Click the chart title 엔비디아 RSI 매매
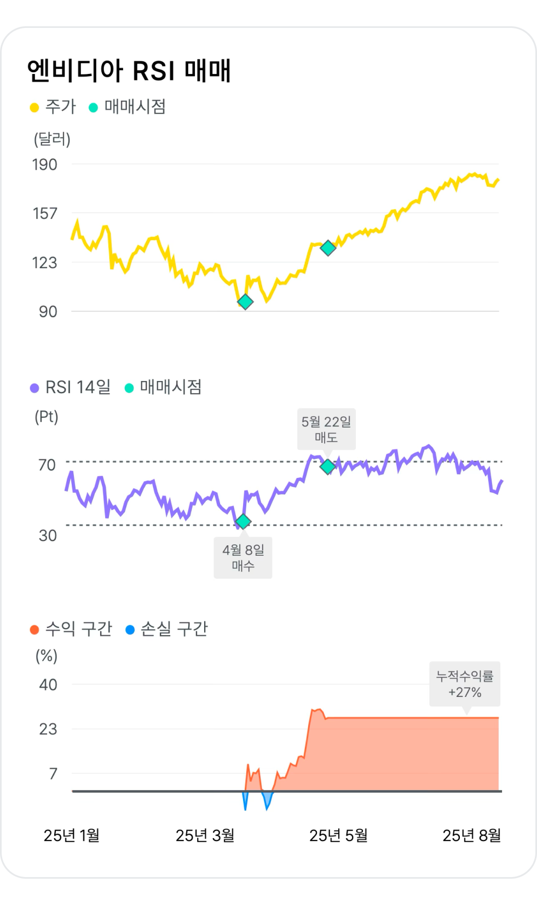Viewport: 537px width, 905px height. click(129, 71)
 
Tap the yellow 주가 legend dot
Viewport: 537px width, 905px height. click(34, 107)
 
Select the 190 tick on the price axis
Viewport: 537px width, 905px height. click(44, 164)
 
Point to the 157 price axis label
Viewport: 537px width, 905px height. click(44, 213)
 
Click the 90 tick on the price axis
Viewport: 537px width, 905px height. click(48, 312)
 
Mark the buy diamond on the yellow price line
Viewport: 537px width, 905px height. click(245, 302)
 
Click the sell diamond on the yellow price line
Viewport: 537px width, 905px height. click(328, 248)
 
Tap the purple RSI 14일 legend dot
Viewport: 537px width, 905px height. click(34, 388)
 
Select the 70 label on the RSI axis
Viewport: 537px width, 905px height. click(47, 465)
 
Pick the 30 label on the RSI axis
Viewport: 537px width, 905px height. click(48, 535)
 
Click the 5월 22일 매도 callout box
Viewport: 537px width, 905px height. click(326, 429)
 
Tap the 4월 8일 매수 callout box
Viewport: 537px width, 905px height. click(243, 557)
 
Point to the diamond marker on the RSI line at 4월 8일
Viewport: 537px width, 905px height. click(243, 522)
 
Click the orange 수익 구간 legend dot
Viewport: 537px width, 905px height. click(34, 630)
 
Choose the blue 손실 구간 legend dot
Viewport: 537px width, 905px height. click(130, 630)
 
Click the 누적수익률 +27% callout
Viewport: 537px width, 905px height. click(465, 684)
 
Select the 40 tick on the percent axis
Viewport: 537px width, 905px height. click(48, 684)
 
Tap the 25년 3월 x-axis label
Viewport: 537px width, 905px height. click(205, 835)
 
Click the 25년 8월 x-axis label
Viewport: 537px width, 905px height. click(471, 835)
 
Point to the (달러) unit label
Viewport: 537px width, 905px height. click(52, 139)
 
